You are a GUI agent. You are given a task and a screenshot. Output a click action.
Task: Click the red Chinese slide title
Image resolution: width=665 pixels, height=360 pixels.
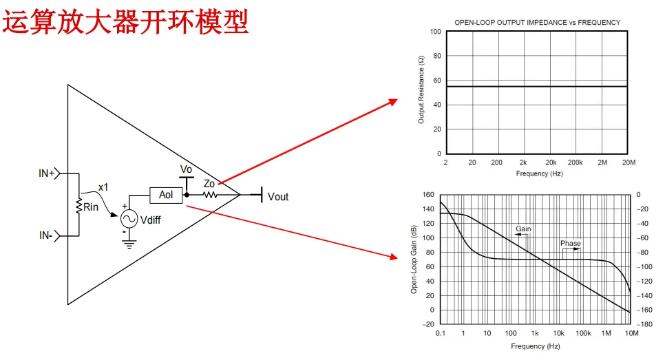(126, 21)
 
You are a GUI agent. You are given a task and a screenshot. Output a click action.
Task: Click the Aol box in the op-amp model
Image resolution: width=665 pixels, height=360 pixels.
(166, 195)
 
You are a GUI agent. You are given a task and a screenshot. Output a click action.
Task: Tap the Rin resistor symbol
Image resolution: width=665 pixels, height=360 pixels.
(80, 207)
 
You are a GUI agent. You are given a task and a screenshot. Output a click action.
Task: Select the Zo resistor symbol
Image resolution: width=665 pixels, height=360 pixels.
(209, 195)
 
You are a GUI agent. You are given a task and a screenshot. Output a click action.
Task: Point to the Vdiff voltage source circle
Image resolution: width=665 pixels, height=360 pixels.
(129, 219)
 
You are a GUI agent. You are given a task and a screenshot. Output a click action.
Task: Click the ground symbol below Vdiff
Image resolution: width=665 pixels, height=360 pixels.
(129, 242)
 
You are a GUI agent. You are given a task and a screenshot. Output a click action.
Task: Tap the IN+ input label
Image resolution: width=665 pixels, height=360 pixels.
(47, 173)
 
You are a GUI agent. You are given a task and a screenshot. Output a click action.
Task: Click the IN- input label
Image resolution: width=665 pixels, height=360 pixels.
(46, 236)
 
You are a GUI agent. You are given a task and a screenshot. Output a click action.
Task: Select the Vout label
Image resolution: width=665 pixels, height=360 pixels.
(278, 197)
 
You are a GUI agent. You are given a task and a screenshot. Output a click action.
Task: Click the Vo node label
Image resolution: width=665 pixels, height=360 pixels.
(186, 169)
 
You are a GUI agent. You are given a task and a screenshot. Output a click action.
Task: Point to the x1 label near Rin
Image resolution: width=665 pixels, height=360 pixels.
(103, 187)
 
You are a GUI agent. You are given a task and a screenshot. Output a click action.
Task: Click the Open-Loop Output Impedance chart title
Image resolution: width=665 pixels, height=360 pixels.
(537, 23)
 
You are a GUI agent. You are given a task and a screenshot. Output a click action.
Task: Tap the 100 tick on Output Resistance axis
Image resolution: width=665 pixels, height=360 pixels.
(435, 32)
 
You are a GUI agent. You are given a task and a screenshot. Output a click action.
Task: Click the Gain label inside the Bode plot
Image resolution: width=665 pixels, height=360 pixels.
(523, 229)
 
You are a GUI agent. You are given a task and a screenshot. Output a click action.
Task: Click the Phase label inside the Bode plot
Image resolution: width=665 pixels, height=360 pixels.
(570, 244)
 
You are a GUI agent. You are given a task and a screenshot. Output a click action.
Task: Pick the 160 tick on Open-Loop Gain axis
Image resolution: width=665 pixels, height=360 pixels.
(429, 195)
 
